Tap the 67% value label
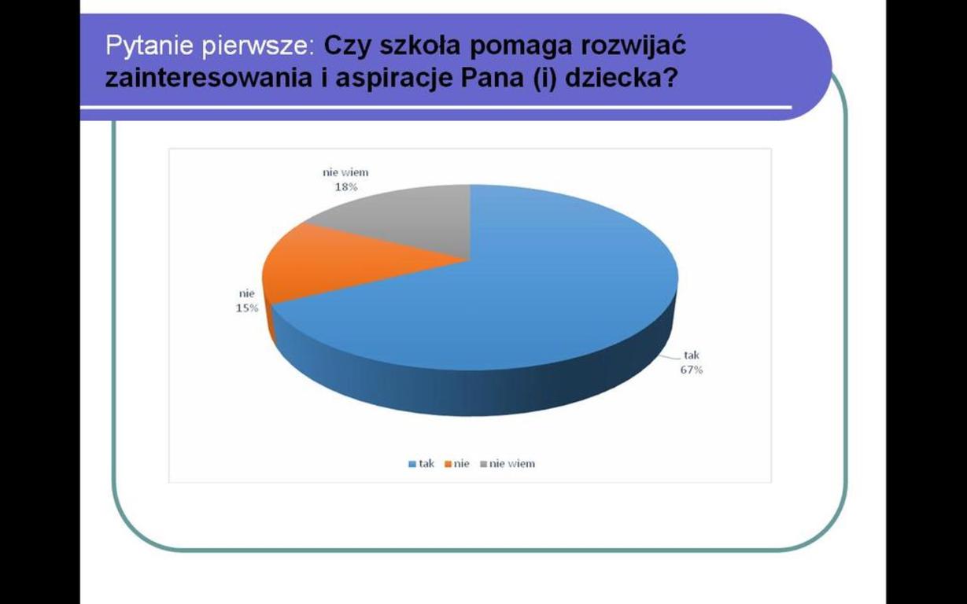coord(692,370)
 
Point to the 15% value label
coord(247,308)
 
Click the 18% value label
coord(346,187)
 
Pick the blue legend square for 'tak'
coord(412,464)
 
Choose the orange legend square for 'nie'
coord(448,464)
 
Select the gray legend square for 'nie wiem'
coord(483,464)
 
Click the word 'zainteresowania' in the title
coord(209,79)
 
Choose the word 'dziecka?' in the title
coord(620,79)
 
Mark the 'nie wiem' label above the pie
coord(345,172)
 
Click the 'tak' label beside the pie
coord(692,355)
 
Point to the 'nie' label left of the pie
coord(247,294)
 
